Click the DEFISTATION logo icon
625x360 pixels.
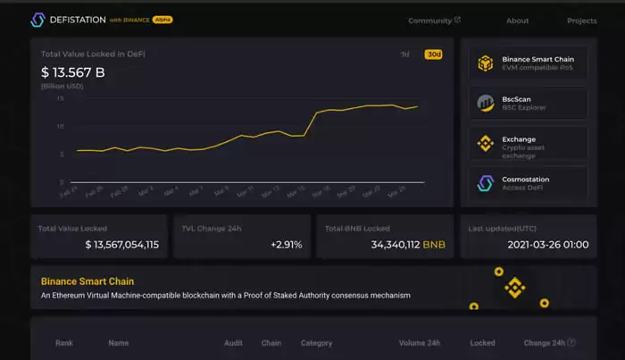tap(37, 19)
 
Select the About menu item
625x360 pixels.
tap(518, 21)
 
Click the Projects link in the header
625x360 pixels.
tap(581, 21)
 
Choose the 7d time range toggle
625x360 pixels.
tap(404, 54)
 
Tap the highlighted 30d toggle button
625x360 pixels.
tap(434, 54)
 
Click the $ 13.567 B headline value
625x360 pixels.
tap(72, 72)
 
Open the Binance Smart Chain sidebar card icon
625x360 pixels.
tap(486, 63)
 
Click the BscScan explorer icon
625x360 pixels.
tap(486, 103)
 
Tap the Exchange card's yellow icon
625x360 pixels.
tap(486, 143)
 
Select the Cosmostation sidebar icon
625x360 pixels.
tap(486, 183)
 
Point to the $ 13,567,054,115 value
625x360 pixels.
tap(122, 244)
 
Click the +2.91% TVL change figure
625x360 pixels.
tap(287, 244)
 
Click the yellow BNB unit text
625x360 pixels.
tap(434, 244)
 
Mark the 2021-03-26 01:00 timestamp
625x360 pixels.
tap(547, 244)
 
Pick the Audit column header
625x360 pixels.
tap(233, 342)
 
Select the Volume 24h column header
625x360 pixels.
tap(420, 342)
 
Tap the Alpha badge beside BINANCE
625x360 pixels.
tap(162, 19)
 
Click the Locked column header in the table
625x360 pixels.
tap(482, 342)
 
